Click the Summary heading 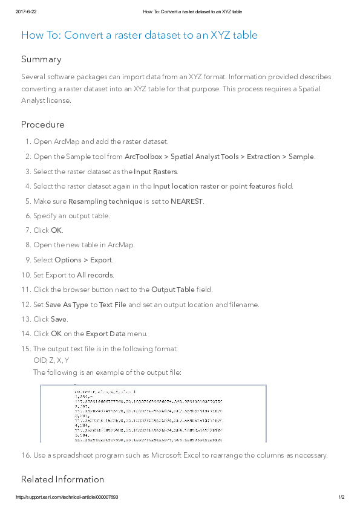pos(41,59)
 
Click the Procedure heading pos(42,125)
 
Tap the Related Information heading pos(62,479)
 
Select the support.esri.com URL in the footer pos(67,498)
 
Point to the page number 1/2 pos(341,498)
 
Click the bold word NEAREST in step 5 pos(187,201)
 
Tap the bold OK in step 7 pos(56,230)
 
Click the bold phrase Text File pos(113,305)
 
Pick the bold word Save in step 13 pos(59,319)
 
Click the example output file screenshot pos(154,413)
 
